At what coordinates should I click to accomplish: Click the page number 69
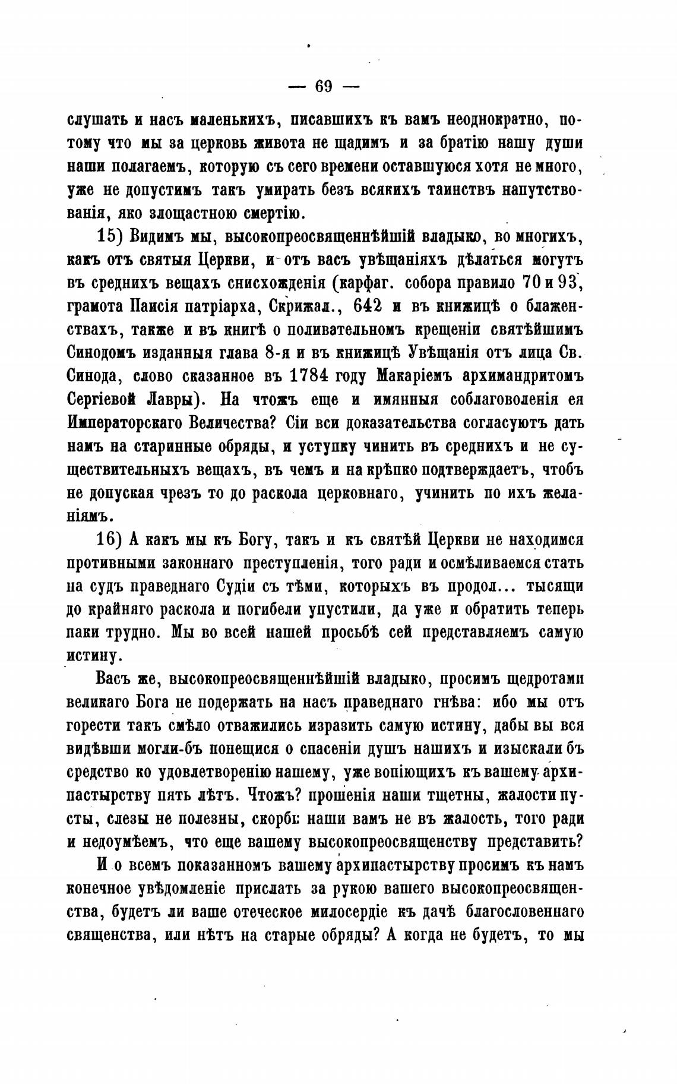[x=324, y=87]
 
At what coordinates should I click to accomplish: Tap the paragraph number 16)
[x=109, y=539]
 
